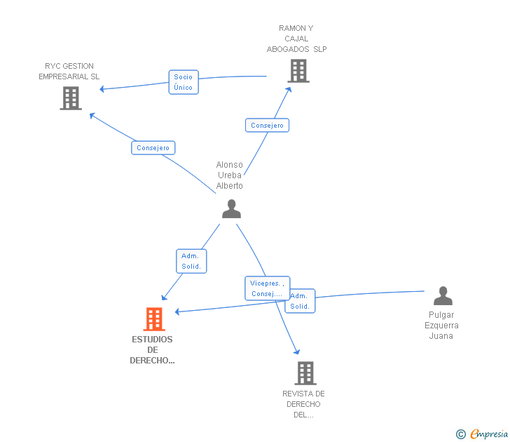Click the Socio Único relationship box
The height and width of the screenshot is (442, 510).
184,82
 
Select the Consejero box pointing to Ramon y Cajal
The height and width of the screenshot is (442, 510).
267,126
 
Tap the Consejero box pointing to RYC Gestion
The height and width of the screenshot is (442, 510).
153,148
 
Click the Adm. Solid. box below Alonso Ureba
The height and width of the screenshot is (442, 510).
191,261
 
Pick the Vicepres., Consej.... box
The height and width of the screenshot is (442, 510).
267,288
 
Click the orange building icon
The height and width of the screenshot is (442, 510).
154,319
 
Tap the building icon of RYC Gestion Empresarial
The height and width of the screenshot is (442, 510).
71,98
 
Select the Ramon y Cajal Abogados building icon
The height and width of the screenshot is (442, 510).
298,71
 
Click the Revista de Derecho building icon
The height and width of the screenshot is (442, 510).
305,373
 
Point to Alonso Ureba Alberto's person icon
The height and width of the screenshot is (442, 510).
232,209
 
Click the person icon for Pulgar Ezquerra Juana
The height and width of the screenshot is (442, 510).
443,296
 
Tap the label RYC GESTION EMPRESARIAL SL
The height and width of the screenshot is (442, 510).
69,72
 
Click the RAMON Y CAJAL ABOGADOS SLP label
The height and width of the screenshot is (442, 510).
296,39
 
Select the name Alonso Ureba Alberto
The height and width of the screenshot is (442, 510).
230,175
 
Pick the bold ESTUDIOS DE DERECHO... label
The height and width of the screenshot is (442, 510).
152,350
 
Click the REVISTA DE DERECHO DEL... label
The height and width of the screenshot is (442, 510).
303,404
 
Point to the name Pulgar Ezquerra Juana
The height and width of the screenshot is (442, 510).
441,326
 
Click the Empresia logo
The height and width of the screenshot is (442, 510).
482,434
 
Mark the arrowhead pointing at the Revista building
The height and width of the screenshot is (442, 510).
296,351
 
